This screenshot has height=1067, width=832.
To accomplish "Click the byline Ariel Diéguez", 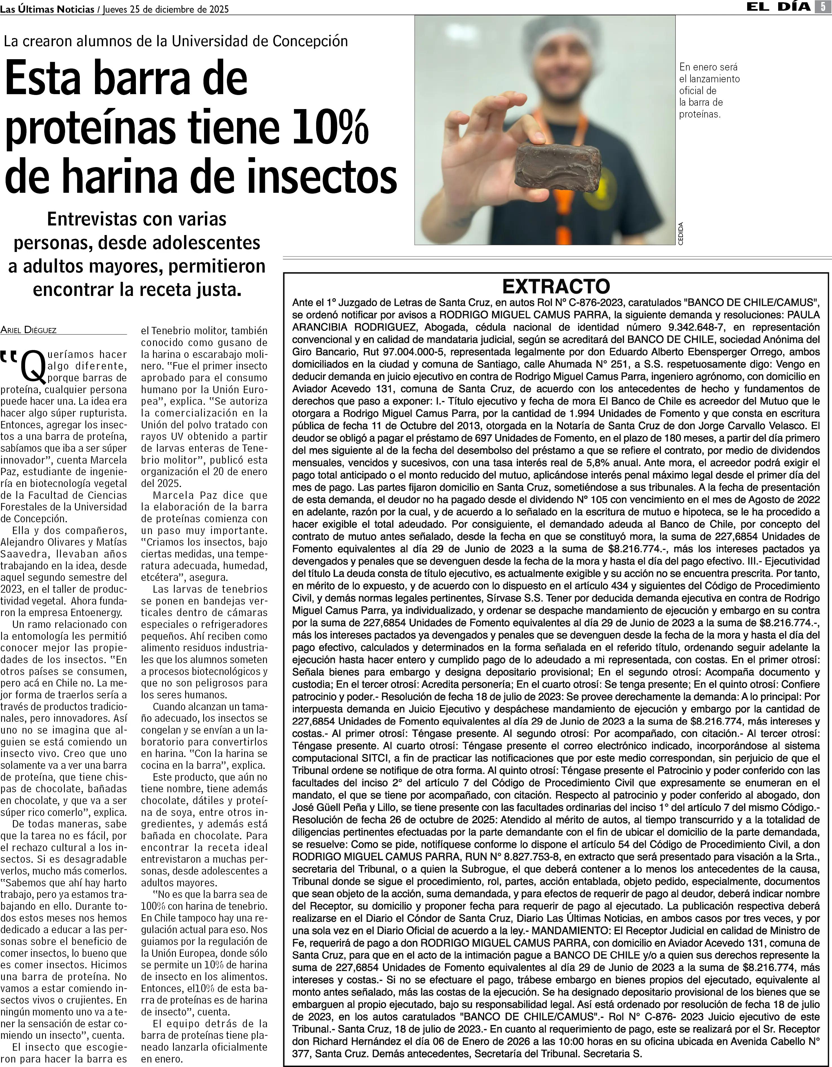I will (28, 330).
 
